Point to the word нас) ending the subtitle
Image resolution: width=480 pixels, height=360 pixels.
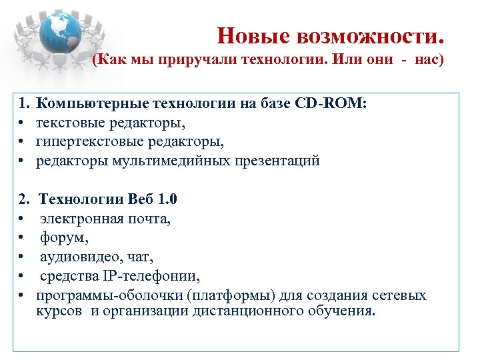[x=428, y=60]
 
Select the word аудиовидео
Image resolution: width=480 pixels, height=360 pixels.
[x=75, y=257]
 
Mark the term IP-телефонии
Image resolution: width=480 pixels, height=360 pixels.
[x=154, y=276]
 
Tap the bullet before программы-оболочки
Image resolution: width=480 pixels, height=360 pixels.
[x=22, y=295]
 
